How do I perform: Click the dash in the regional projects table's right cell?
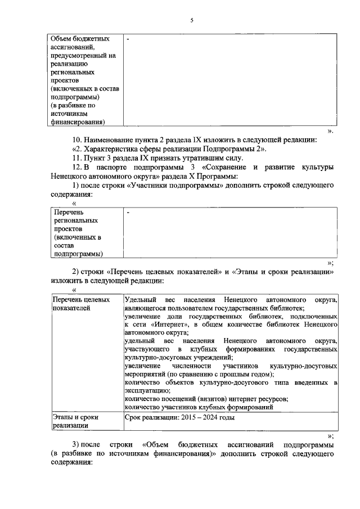(128, 213)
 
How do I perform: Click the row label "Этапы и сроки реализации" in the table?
(71, 421)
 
